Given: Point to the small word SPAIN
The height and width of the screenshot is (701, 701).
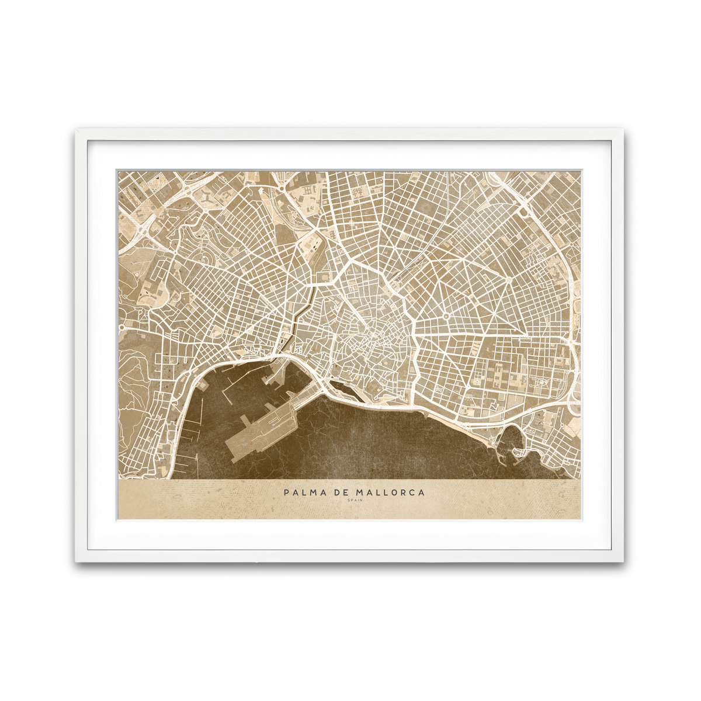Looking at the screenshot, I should click(x=355, y=501).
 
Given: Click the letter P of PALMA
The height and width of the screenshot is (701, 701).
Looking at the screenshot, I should click(x=287, y=492).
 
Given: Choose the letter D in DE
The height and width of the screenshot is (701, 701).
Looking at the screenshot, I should click(x=336, y=492).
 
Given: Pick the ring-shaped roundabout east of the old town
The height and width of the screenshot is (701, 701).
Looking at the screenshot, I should click(x=446, y=315).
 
